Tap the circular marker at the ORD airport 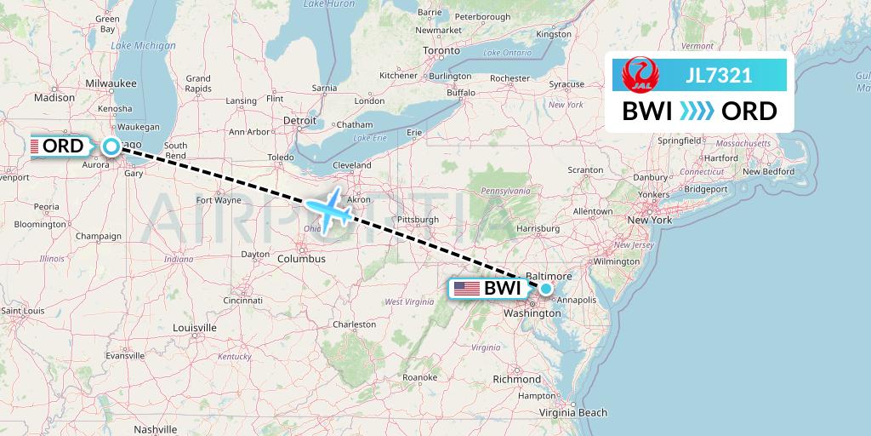click(x=111, y=146)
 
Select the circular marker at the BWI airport click(x=546, y=289)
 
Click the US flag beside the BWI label click(x=467, y=289)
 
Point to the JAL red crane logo click(x=639, y=75)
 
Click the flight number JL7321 click(x=719, y=75)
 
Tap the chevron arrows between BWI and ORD click(x=697, y=112)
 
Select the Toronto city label click(x=441, y=51)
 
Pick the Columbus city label click(x=301, y=258)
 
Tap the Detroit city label click(x=299, y=121)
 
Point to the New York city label click(x=650, y=220)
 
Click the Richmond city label click(x=516, y=379)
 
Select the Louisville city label click(x=194, y=327)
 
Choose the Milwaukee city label click(x=111, y=83)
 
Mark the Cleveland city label click(x=351, y=165)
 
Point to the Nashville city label click(x=154, y=429)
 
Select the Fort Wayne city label click(x=219, y=200)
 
